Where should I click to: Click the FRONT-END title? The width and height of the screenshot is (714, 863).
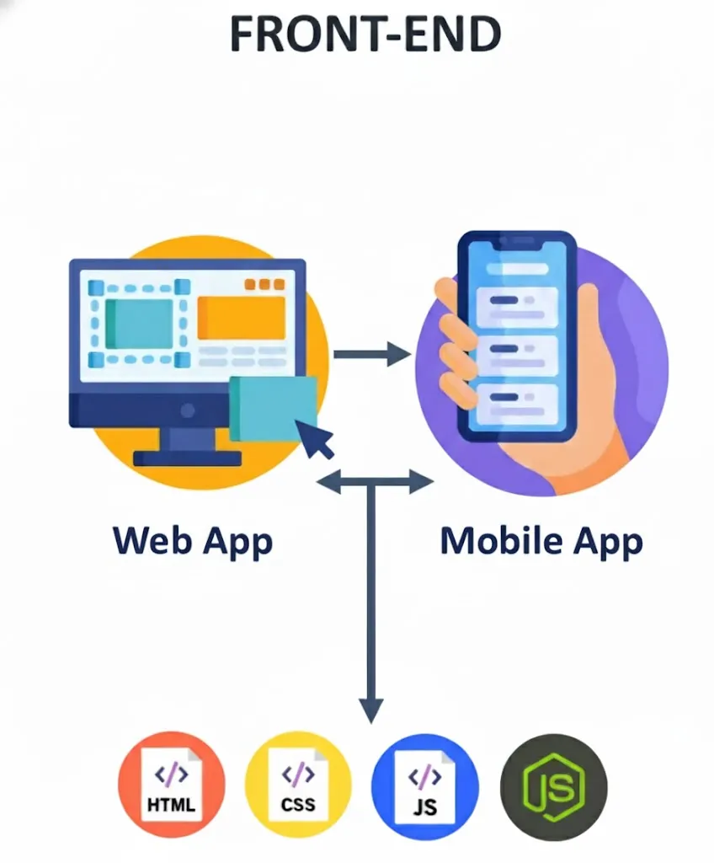tap(365, 35)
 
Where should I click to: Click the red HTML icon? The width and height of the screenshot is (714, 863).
tap(171, 783)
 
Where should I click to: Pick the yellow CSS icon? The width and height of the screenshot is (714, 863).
tap(298, 783)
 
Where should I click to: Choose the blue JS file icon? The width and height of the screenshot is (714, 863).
tap(425, 783)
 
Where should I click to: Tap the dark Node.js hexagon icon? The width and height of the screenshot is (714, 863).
tap(553, 783)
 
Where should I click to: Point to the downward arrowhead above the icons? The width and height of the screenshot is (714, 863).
tap(370, 709)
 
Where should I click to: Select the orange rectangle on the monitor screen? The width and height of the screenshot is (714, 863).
tap(241, 318)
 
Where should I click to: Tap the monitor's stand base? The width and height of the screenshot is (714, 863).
tap(187, 458)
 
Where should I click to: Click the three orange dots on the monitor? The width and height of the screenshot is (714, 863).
tap(264, 285)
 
